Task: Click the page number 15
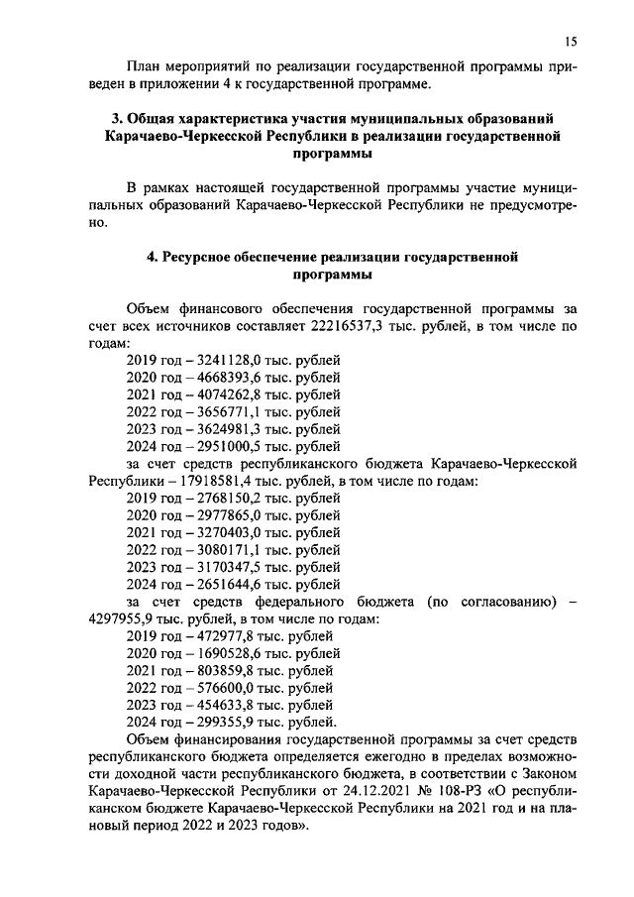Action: (x=570, y=41)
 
